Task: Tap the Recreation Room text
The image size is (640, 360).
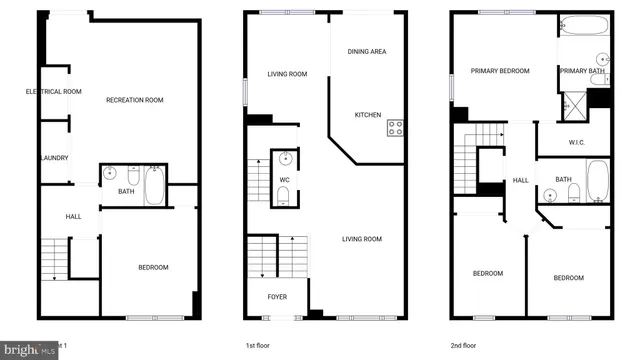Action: tap(135, 100)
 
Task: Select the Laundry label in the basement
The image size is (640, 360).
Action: tap(53, 157)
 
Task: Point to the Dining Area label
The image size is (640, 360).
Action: tap(367, 51)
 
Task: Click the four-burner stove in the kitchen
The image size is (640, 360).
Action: tap(396, 128)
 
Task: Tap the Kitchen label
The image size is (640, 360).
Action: tap(367, 115)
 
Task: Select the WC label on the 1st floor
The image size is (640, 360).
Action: tap(284, 180)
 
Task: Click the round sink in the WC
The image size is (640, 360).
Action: tap(285, 158)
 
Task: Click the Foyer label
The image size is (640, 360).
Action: tap(277, 297)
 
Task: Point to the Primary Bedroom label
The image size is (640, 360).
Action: tap(500, 71)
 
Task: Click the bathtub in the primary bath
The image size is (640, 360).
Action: tap(583, 26)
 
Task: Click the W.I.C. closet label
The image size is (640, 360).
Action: tap(576, 142)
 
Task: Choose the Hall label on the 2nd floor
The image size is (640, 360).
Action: tap(520, 181)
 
